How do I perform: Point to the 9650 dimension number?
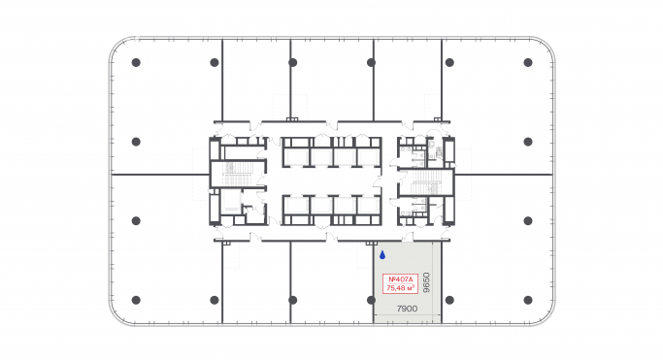426,282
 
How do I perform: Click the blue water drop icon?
382,256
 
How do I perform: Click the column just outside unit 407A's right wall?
449,300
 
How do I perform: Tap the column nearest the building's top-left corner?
136,63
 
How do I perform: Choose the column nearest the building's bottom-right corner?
527,300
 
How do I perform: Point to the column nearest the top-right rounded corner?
527,63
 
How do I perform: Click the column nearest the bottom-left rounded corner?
136,300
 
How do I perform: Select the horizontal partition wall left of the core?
159,175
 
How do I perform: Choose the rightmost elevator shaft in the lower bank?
368,209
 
